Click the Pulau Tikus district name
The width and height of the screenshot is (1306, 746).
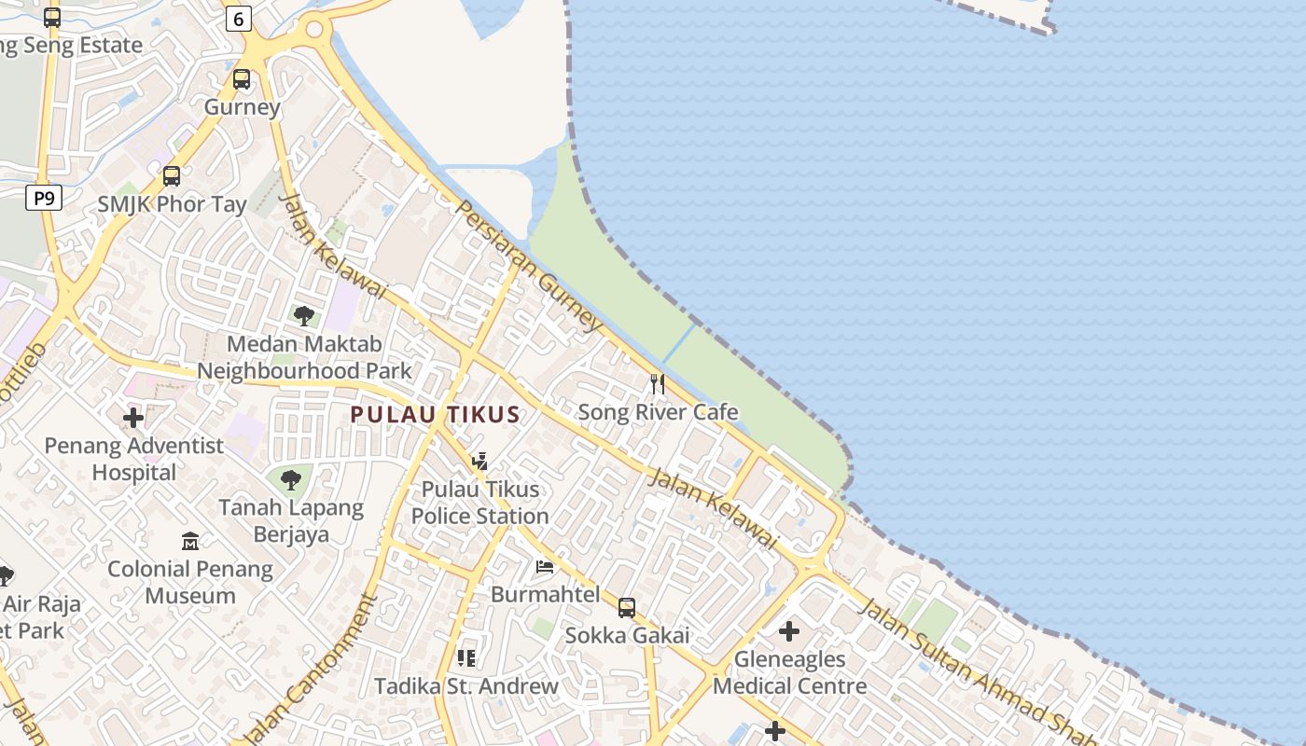pyautogui.click(x=435, y=415)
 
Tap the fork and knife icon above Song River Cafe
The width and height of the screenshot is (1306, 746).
pyautogui.click(x=658, y=384)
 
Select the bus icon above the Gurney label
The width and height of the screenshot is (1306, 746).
pyautogui.click(x=242, y=79)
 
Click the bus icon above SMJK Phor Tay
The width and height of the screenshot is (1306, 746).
pyautogui.click(x=172, y=176)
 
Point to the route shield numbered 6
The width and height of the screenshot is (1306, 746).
pyautogui.click(x=239, y=19)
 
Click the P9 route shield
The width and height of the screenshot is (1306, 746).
pyautogui.click(x=44, y=198)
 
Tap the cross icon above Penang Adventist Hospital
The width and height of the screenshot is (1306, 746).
pyautogui.click(x=133, y=418)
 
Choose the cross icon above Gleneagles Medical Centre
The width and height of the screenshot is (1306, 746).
pyautogui.click(x=789, y=631)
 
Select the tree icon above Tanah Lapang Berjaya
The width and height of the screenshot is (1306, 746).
pyautogui.click(x=290, y=480)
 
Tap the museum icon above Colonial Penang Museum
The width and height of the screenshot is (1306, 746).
pyautogui.click(x=190, y=542)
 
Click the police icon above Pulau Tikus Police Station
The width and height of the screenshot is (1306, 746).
pyautogui.click(x=479, y=462)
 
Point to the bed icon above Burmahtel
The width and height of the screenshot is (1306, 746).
pyautogui.click(x=545, y=567)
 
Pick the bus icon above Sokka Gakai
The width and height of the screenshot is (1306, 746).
pyautogui.click(x=627, y=608)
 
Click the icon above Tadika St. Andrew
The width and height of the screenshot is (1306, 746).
pyautogui.click(x=466, y=658)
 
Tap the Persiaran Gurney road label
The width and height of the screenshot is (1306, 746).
pyautogui.click(x=529, y=265)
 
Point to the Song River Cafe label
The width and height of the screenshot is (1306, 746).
pyautogui.click(x=658, y=412)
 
